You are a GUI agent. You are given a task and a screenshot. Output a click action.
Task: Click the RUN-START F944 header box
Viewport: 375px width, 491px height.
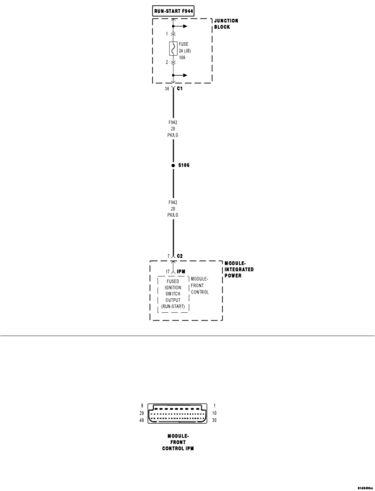173,11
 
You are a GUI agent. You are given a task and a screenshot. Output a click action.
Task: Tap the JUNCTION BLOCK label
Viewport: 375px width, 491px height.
225,24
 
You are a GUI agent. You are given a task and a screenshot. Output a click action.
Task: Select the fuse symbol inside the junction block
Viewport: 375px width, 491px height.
173,49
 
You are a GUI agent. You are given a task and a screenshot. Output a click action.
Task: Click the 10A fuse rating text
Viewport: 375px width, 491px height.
182,57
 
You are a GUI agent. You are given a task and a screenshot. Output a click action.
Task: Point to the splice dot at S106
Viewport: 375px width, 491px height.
173,166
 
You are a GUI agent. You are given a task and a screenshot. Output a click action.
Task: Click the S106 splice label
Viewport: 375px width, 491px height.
184,166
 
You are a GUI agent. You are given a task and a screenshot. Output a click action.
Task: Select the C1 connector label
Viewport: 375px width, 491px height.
180,89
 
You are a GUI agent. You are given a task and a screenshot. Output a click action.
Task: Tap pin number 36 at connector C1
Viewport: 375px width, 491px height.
167,89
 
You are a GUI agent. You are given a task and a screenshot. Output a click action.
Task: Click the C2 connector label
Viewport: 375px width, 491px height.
180,256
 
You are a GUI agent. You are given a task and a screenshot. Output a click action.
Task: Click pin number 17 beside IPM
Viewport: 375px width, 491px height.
168,271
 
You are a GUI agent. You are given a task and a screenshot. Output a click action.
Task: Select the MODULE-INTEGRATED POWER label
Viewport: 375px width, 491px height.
239,270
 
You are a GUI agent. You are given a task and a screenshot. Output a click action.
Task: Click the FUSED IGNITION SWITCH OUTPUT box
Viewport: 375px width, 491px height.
173,294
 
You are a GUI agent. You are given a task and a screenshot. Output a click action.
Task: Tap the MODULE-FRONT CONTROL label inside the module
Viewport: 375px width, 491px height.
200,286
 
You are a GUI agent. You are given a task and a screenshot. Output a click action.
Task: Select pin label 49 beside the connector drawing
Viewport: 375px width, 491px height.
141,420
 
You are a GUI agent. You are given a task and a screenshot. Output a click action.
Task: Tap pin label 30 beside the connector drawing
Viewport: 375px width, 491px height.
214,420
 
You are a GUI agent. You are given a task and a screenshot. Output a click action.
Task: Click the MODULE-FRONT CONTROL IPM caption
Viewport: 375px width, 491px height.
178,442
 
